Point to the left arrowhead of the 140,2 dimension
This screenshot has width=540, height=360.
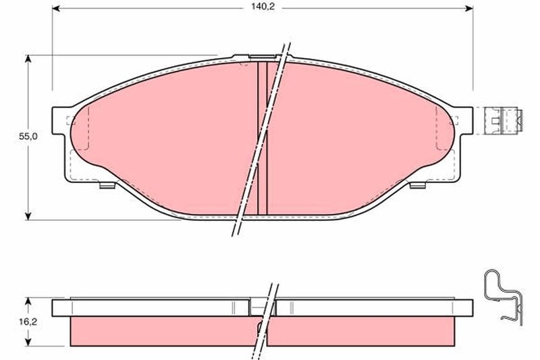click(x=57, y=8)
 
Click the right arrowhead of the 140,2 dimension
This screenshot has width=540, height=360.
click(x=468, y=8)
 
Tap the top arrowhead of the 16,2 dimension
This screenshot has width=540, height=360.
click(x=28, y=301)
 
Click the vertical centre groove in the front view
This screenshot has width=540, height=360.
click(x=263, y=135)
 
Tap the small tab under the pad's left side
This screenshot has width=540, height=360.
click(x=107, y=185)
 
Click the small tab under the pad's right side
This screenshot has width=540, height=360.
click(x=416, y=185)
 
